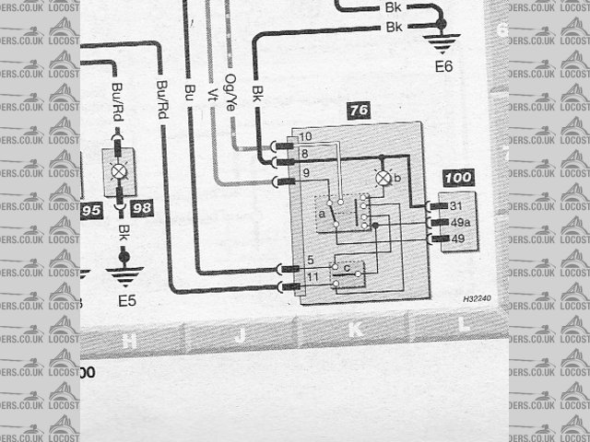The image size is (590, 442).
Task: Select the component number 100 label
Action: (457, 177)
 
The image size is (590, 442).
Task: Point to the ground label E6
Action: (443, 66)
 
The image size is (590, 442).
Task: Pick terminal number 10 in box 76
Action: (306, 137)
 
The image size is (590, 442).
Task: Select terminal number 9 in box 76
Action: (306, 171)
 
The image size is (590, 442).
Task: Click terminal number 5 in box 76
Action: (312, 261)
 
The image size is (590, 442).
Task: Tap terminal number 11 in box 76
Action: (312, 276)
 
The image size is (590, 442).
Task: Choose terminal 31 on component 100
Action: (454, 205)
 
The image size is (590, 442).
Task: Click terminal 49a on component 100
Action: (457, 222)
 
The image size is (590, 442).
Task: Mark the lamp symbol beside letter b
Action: (383, 176)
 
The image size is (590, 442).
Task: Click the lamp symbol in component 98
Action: (118, 171)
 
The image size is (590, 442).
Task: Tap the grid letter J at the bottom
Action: (239, 336)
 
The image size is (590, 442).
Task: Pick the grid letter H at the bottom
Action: (129, 342)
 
